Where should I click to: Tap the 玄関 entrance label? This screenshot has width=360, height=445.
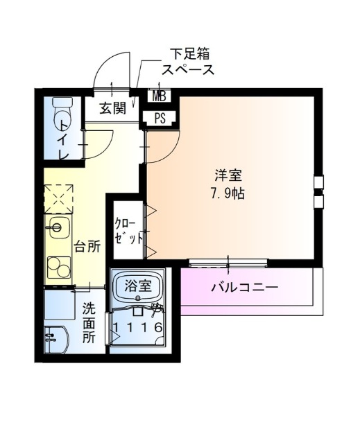(112, 108)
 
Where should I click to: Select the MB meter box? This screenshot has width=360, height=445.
(159, 96)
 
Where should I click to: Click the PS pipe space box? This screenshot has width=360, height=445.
(160, 118)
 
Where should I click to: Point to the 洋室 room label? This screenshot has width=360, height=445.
(228, 175)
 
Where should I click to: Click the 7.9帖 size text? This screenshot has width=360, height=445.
(228, 193)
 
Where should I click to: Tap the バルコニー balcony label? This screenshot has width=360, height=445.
(244, 288)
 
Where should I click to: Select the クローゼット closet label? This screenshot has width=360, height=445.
(128, 231)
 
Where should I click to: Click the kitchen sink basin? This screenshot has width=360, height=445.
(59, 227)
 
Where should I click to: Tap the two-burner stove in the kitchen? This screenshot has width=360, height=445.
(59, 267)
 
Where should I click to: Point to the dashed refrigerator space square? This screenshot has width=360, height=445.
(58, 199)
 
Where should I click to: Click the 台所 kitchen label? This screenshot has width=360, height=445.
(87, 247)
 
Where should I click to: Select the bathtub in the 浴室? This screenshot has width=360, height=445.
(137, 288)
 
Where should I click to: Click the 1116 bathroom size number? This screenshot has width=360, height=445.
(137, 327)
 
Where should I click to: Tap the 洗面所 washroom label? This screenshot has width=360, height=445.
(89, 323)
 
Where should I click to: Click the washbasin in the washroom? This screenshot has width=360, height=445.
(55, 340)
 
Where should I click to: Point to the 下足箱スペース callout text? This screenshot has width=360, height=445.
(188, 62)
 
